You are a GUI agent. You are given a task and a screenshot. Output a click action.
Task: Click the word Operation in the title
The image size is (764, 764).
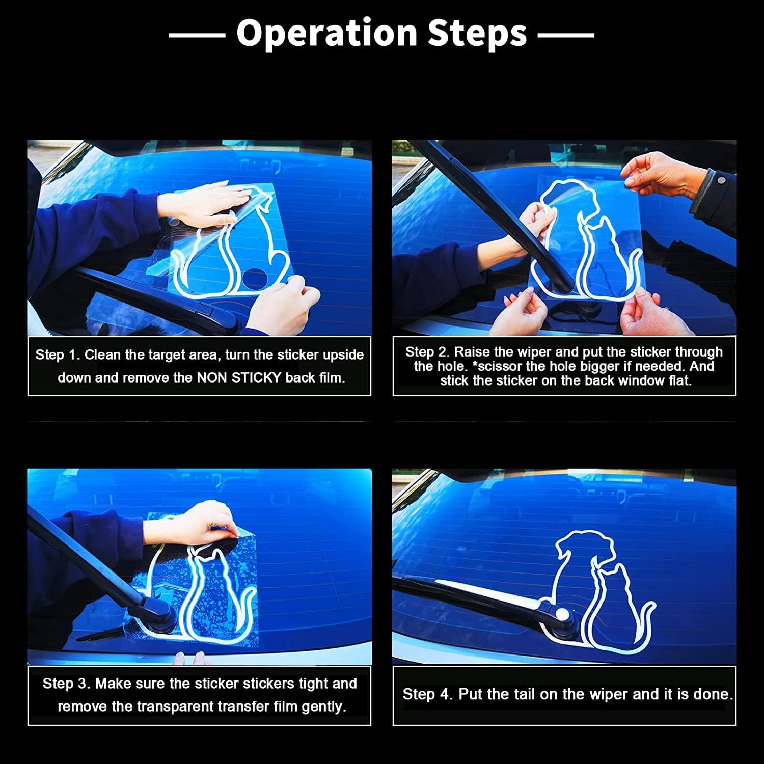click(327, 34)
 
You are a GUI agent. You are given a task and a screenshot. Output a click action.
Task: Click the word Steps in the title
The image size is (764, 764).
click(477, 33)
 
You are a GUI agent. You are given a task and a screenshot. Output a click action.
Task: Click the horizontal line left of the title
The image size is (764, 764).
click(197, 35)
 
